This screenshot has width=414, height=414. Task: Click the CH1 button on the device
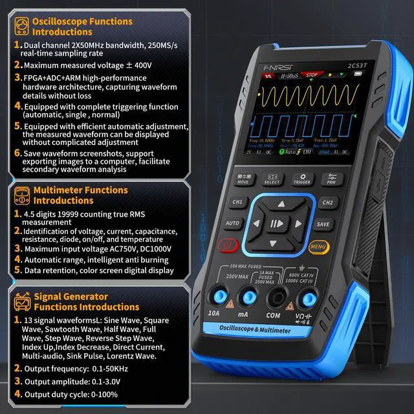coord(238,202)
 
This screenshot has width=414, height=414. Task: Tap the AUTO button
coord(234,224)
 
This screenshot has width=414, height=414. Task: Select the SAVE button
coord(323,224)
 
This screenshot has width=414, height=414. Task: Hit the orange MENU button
coord(317,246)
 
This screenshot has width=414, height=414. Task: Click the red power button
coord(227,246)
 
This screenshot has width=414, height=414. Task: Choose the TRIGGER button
coord(302,179)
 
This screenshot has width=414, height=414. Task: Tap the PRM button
coord(332,179)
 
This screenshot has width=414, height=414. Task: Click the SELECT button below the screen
coord(272,179)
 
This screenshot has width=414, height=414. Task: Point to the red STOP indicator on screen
coord(311,76)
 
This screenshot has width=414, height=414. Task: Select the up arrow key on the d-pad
coord(280,204)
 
